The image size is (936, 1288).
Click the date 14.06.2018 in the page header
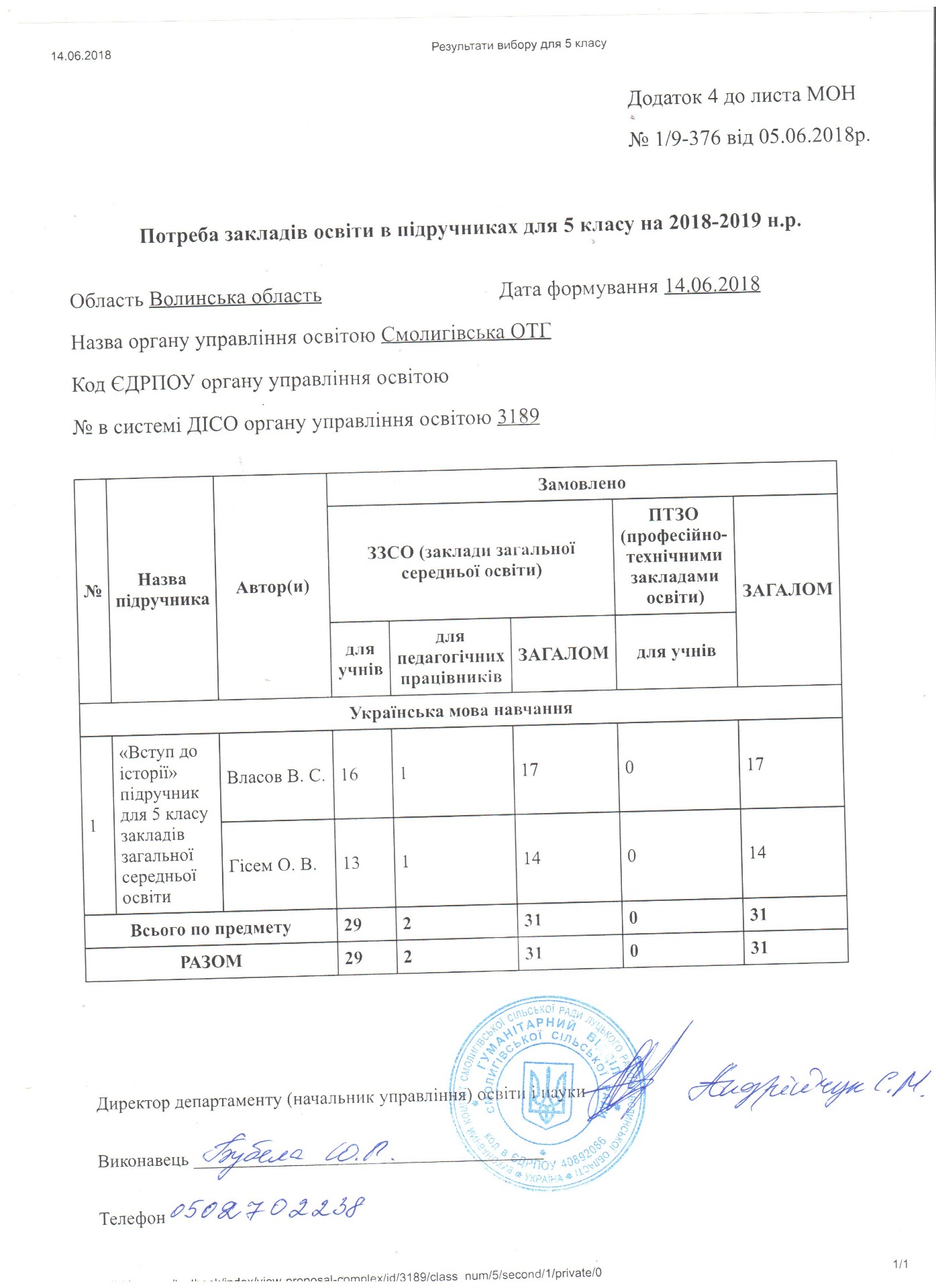[81, 56]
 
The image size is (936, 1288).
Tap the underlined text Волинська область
[235, 297]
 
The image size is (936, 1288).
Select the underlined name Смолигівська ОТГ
[466, 333]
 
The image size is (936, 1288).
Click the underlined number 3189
[518, 417]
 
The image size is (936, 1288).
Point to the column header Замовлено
[581, 484]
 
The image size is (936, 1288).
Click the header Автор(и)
[272, 588]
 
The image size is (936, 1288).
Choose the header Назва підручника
[162, 590]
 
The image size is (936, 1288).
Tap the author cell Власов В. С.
[276, 777]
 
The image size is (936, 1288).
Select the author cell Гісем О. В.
[272, 865]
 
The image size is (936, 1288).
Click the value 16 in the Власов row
[350, 775]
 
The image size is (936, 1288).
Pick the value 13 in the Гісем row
[352, 863]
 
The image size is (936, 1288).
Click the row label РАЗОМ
[211, 962]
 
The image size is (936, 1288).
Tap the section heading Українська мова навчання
[460, 710]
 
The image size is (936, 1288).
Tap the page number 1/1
[900, 1265]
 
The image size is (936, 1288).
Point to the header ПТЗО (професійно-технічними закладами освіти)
[674, 555]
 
